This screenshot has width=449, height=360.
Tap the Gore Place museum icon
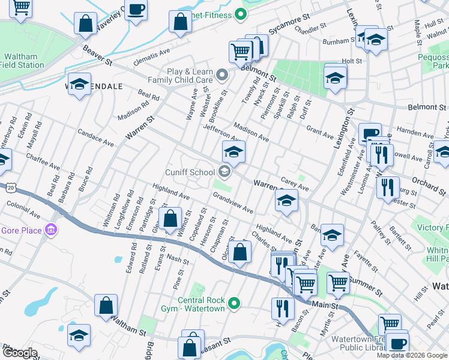[x=51, y=230]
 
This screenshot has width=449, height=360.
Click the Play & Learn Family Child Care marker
[x=222, y=76]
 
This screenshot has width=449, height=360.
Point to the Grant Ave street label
[x=319, y=131]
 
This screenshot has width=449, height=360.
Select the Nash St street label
[x=178, y=259]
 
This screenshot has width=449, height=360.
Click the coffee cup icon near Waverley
[x=136, y=10]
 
